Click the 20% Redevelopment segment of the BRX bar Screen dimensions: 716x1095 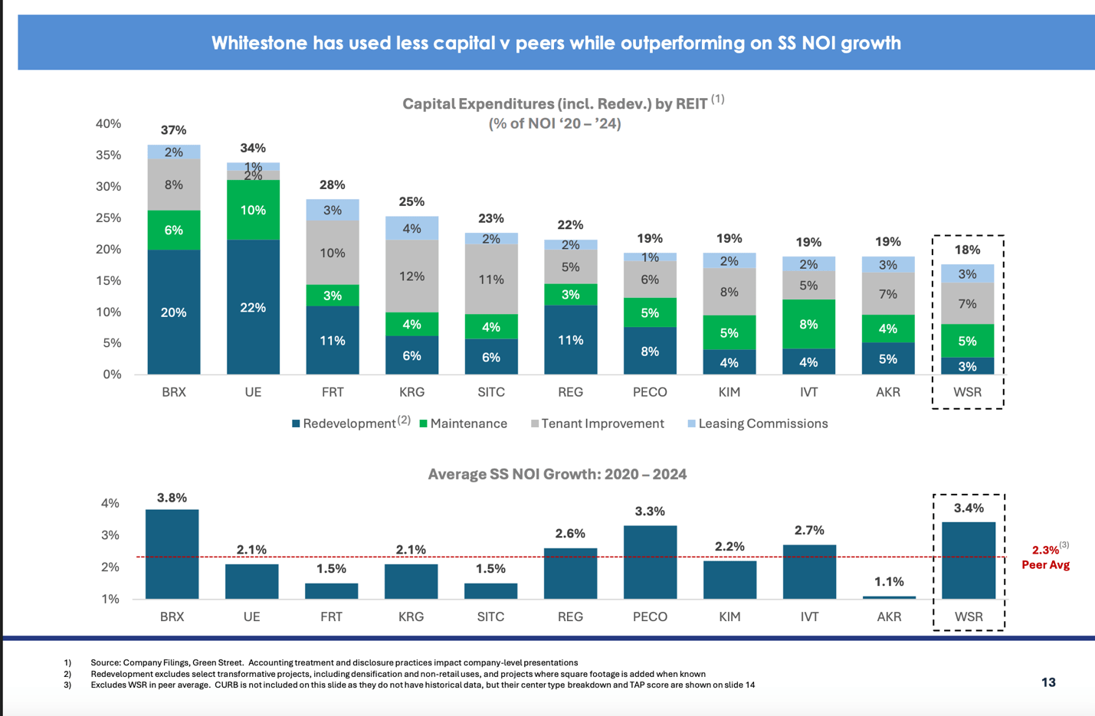[174, 312]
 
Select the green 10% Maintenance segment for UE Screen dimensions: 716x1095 [253, 210]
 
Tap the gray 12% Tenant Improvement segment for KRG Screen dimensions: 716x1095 [411, 276]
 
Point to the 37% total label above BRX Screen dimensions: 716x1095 [174, 130]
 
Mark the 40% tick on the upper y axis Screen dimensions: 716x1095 [108, 123]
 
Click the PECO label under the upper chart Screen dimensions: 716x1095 [650, 392]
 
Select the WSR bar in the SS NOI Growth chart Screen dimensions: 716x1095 [969, 560]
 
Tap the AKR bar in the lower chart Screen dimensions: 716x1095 [889, 597]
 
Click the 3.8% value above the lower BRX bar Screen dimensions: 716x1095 [172, 498]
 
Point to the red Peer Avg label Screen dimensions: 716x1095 [1045, 564]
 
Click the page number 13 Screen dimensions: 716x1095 [1048, 682]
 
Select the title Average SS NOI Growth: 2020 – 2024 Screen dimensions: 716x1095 [557, 474]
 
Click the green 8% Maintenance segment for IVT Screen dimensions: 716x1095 [808, 324]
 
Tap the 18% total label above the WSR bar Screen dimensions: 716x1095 [967, 250]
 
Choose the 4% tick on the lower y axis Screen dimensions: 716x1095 [110, 503]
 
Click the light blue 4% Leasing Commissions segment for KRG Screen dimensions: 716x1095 [411, 228]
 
